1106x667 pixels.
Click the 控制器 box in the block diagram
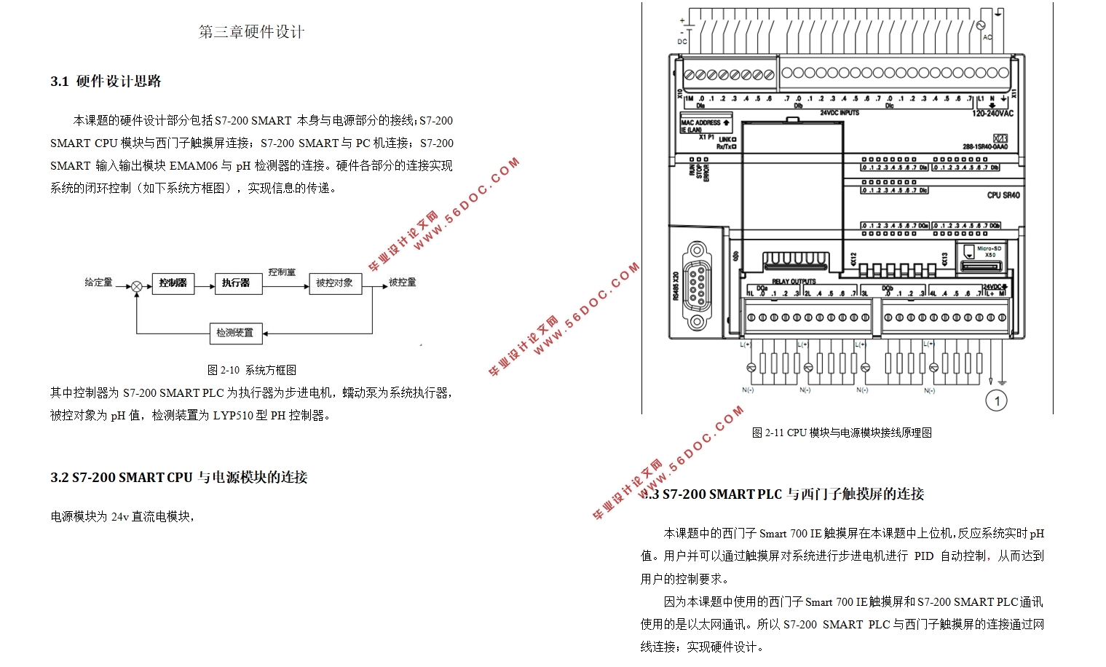(173, 283)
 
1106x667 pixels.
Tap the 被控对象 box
(334, 283)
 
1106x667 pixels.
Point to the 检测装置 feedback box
(235, 333)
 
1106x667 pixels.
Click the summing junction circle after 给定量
(136, 287)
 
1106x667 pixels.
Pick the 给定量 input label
(98, 282)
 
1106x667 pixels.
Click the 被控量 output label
(402, 282)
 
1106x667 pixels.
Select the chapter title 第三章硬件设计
(251, 32)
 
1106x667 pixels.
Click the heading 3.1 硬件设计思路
(106, 82)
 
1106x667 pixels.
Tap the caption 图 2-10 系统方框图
(252, 370)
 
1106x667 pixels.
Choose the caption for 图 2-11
(842, 433)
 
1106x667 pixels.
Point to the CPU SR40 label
(1003, 195)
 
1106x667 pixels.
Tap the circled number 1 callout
(996, 400)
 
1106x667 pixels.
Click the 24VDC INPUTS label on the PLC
(840, 113)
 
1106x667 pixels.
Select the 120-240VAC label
(992, 114)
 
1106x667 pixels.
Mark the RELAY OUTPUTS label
(794, 281)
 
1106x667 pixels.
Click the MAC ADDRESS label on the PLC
(701, 122)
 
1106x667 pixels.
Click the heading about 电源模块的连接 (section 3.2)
(179, 478)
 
